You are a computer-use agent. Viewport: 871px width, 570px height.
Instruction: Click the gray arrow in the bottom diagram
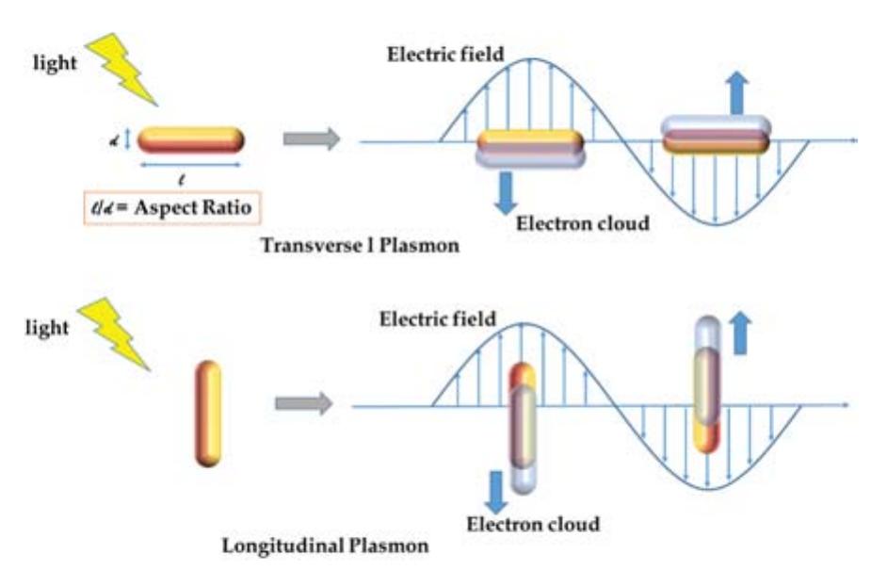coord(303,404)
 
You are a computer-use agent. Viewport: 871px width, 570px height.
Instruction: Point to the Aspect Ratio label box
coord(195,207)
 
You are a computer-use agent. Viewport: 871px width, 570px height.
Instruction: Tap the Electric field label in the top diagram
coord(445,54)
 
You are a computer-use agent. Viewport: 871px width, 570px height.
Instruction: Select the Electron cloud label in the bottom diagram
coord(534,522)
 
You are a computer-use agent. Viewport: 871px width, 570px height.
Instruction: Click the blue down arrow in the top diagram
coord(504,190)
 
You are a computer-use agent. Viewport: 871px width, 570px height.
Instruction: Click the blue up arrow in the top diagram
coord(737,91)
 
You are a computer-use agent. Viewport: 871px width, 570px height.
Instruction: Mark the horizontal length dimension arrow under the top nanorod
coord(190,164)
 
